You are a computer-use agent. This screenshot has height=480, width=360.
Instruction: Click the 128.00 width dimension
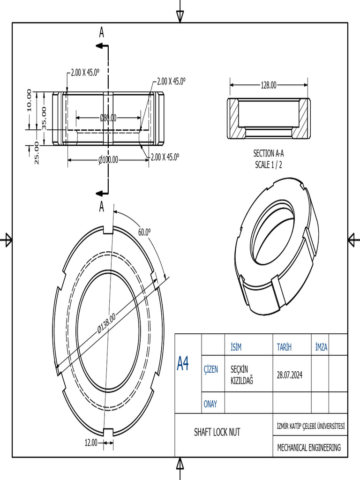269,85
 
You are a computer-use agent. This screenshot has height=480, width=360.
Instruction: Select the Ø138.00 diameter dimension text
106,323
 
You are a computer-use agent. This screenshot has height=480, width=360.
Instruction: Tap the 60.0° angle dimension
144,232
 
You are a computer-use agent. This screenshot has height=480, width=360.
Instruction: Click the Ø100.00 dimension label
108,160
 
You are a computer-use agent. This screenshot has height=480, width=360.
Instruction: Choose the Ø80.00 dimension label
108,118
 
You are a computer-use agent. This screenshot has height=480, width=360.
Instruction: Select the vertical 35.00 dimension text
44,118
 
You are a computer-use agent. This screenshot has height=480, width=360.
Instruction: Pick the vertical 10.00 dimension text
29,100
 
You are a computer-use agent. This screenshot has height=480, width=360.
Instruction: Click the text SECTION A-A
269,153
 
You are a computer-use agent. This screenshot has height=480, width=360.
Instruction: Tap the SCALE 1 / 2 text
269,165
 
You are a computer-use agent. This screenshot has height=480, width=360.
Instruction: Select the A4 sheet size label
183,363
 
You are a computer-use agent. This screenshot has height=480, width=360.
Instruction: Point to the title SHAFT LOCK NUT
217,432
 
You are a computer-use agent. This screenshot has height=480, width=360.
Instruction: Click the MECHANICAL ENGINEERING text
309,448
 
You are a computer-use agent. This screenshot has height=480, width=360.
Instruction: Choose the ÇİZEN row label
210,369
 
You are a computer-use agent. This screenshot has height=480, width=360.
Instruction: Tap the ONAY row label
210,404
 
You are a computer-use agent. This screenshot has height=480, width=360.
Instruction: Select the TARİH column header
284,347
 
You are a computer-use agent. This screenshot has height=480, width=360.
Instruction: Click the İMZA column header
321,347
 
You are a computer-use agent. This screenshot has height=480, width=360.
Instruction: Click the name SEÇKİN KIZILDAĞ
242,375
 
